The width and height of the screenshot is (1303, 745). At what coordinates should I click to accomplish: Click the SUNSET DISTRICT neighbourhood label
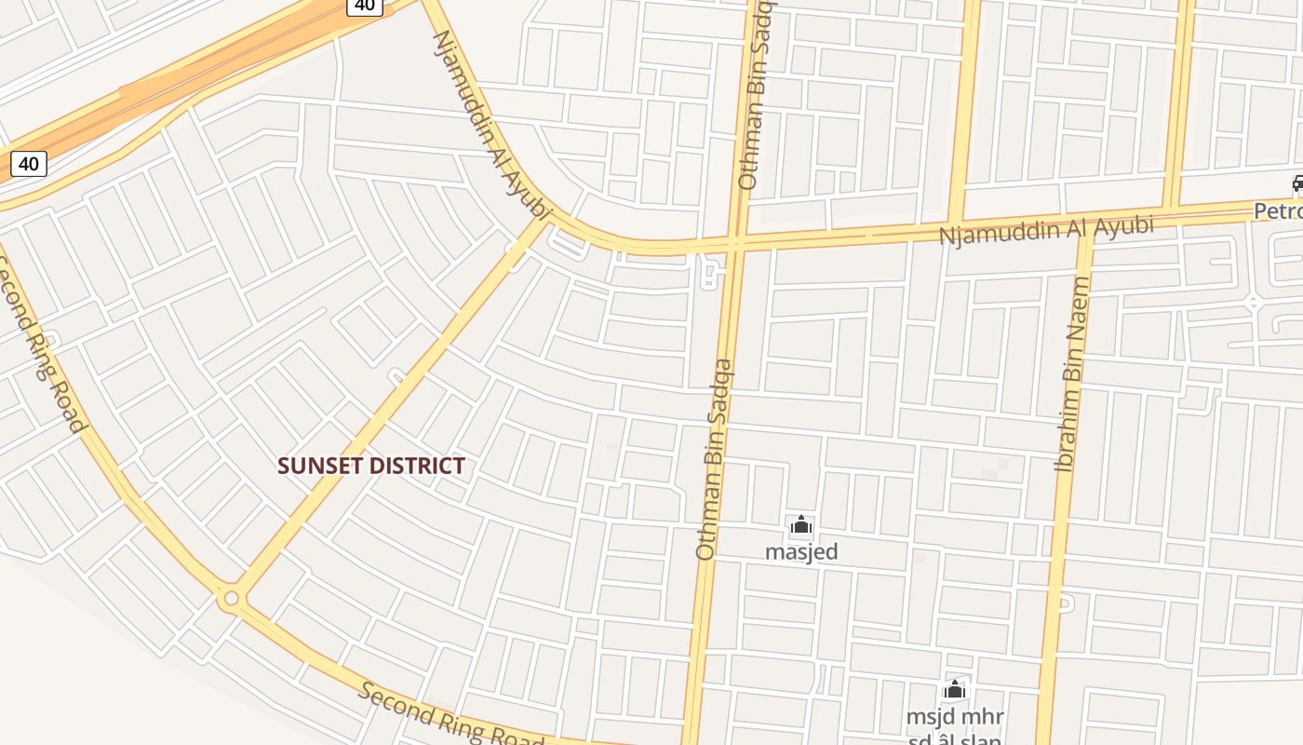point(371,466)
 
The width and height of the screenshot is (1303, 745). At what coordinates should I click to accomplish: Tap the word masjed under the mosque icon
point(801,551)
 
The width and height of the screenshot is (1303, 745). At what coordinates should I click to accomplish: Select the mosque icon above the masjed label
point(801,526)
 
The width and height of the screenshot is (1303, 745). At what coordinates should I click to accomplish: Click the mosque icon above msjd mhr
point(954,690)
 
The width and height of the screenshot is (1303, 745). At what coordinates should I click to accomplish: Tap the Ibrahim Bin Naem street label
point(1072,373)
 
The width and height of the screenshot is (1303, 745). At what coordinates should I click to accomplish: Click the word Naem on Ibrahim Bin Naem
point(1079,306)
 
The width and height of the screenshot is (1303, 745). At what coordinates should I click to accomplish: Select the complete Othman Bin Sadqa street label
point(715,460)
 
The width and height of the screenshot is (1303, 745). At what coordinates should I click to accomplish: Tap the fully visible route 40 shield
point(29,164)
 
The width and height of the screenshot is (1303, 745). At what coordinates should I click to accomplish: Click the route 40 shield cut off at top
point(365,6)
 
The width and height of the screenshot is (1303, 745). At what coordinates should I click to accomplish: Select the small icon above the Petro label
point(1297,183)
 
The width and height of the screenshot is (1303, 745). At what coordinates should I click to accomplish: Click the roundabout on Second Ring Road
point(231,598)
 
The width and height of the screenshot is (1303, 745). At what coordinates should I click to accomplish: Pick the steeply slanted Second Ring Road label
point(41,345)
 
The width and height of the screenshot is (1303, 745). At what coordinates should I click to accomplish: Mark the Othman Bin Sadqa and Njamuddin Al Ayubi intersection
point(735,245)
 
